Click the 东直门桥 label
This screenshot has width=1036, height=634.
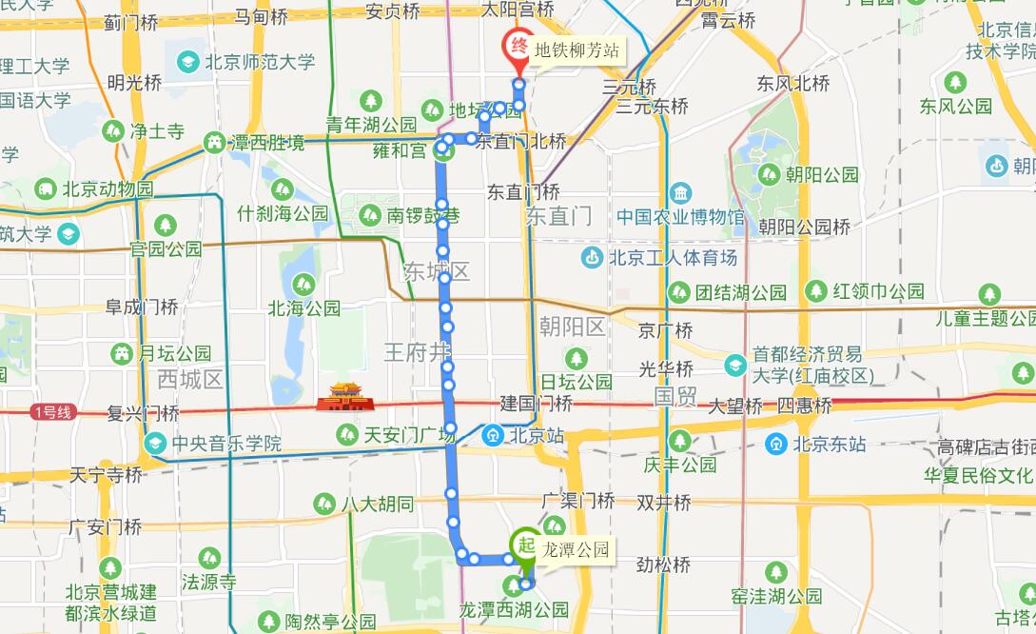[x=523, y=191]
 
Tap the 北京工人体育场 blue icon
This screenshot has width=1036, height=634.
[x=592, y=257]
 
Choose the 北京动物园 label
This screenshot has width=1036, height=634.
[x=108, y=189]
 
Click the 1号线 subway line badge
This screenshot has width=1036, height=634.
[x=51, y=412]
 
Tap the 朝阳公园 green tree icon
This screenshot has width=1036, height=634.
[x=768, y=174]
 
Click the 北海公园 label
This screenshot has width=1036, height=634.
[x=303, y=308]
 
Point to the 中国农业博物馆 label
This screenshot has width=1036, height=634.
[x=679, y=217]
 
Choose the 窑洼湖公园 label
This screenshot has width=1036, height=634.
[x=790, y=597]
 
